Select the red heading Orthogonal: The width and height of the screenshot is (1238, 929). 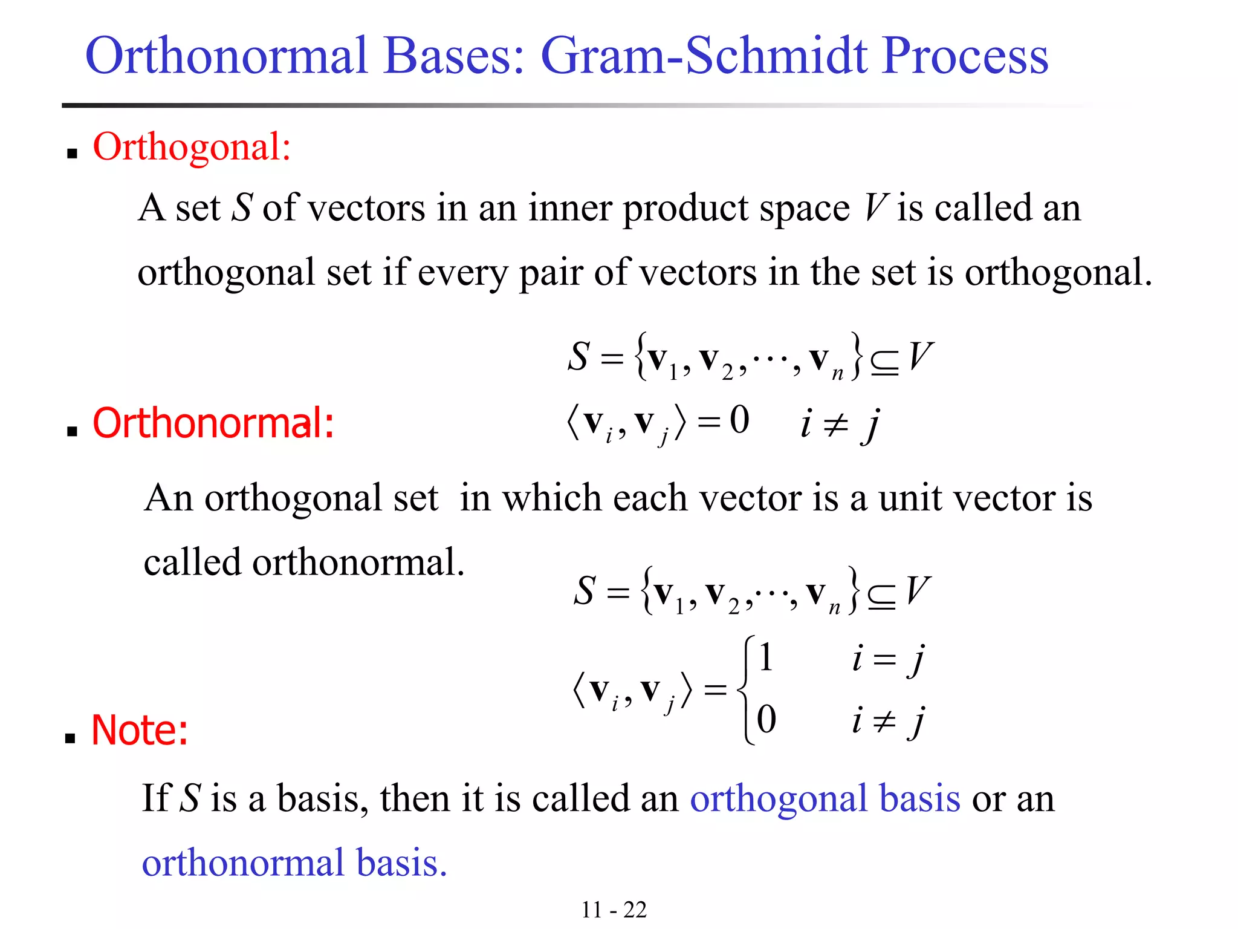pos(192,146)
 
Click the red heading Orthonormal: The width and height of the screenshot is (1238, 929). pos(213,423)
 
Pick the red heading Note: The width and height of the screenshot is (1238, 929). pos(140,730)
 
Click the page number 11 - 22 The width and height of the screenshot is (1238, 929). pos(614,909)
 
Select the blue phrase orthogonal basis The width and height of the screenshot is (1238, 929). pos(825,798)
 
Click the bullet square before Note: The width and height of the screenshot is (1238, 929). pos(71,738)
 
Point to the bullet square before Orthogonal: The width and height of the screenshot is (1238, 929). pos(73,154)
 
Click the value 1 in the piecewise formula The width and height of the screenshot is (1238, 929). pos(765,657)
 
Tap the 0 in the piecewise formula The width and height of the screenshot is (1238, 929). pos(766,719)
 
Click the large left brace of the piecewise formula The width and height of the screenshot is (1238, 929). pos(746,689)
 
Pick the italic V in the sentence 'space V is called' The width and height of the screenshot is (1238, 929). pos(874,208)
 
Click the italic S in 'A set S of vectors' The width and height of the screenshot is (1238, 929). pos(241,208)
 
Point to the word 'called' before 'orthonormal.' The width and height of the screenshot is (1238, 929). pos(192,562)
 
